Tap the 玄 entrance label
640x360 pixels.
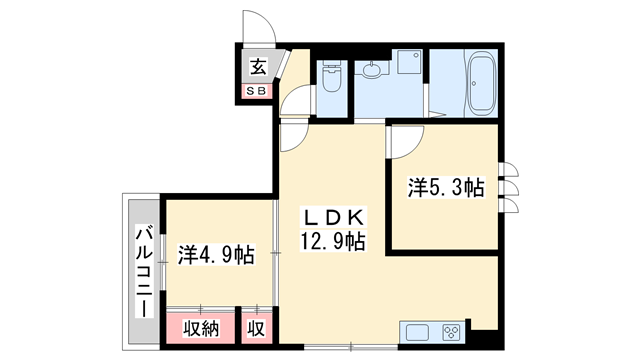[x=258, y=67]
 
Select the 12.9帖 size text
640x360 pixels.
[x=330, y=241]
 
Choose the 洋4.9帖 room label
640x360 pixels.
[x=216, y=254]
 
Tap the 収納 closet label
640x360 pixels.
[x=200, y=327]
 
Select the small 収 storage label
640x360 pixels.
[x=256, y=327]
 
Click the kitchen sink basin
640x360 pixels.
[x=416, y=333]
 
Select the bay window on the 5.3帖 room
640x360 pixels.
[x=509, y=187]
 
